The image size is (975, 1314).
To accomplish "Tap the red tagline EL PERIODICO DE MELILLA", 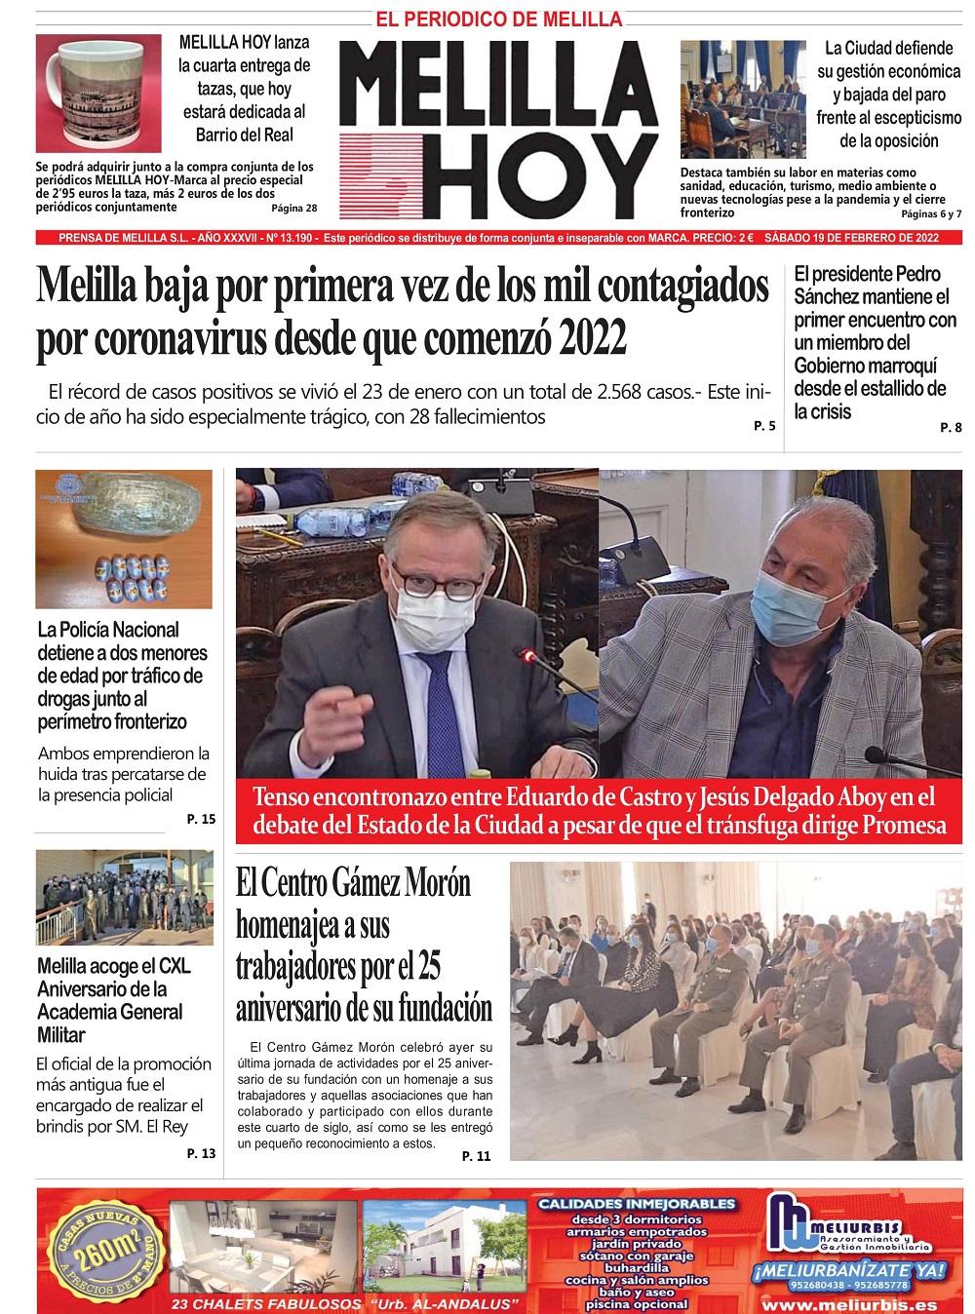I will coord(498,19).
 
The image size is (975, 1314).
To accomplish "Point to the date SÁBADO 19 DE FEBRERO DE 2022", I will coord(852,238).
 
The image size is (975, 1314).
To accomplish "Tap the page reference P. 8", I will coord(951,427).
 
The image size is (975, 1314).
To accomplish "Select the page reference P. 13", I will coord(201,1153).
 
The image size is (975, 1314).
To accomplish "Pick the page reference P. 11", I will coord(477,1156).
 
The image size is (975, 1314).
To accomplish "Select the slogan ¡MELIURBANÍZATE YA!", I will coord(849,1269).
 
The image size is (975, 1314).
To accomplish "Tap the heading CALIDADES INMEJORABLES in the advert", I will coord(638,1203).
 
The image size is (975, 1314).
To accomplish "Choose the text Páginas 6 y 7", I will coord(931,213).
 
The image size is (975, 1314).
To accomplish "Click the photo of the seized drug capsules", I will coord(124,540).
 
